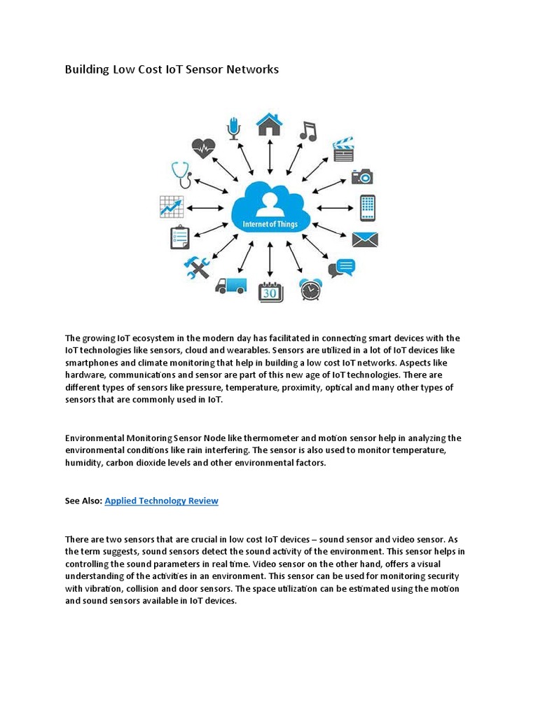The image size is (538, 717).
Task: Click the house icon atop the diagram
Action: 269,124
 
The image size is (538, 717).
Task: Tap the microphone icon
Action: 233,128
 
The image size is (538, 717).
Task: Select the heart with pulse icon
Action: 203,148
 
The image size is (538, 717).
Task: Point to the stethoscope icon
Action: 181,175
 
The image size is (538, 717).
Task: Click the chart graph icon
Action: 172,207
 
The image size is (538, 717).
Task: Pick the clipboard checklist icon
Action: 179,237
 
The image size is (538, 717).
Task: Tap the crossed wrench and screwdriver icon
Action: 197,267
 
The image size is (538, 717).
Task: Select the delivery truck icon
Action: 230,286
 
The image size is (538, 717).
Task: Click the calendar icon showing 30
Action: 270,291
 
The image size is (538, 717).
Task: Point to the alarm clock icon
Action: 310,288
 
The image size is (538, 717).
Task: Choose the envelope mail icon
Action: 364,239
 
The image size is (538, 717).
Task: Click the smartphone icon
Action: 367,207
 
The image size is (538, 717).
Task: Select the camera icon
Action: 362,176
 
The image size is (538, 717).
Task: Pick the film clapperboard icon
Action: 343,149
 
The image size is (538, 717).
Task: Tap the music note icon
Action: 308,130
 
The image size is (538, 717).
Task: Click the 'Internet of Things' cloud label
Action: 270,225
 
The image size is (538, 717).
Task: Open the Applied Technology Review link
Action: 161,501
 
